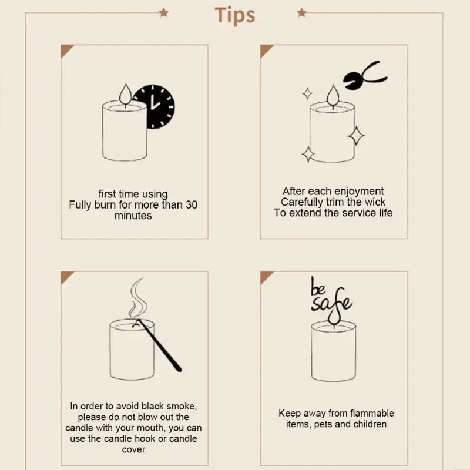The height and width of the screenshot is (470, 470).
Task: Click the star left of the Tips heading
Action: (163, 12)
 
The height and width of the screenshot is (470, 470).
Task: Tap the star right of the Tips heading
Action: (301, 12)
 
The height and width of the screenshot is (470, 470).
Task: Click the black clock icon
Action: (154, 107)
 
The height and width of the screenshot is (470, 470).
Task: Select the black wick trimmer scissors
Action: (363, 77)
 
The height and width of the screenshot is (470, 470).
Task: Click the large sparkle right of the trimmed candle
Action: (355, 135)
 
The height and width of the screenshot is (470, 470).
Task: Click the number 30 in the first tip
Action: (192, 205)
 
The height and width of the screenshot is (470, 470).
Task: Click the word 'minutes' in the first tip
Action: (133, 216)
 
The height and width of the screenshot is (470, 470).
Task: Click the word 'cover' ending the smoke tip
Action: (133, 449)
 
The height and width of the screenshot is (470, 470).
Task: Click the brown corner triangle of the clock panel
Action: (65, 49)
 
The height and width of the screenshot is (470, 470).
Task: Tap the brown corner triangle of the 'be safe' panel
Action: (266, 276)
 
